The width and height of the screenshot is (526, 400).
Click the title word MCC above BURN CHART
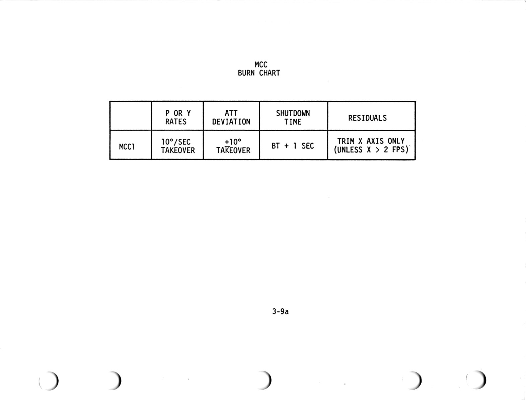pos(261,65)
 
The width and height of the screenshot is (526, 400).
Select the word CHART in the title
pos(269,73)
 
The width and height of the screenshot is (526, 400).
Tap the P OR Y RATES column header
pos(177,117)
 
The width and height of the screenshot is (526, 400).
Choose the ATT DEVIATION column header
pos(231,117)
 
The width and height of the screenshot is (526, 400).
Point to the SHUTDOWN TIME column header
pos(293,117)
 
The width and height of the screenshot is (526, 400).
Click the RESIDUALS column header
pos(367,118)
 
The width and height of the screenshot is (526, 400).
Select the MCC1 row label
pos(127,147)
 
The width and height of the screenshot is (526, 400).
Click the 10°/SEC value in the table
pos(176,142)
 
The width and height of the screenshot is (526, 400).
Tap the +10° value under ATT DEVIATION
pos(233,142)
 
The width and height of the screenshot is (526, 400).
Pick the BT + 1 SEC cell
pos(293,146)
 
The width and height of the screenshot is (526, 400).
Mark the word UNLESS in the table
pos(350,150)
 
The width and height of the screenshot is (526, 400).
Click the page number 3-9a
pos(280,311)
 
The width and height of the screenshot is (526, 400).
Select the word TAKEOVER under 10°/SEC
pos(178,150)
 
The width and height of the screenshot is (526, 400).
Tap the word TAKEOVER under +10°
pos(233,150)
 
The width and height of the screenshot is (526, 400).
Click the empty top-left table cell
pos(131,116)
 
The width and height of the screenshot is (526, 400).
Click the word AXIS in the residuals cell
pos(375,141)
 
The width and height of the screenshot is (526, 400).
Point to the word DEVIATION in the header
pos(231,122)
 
